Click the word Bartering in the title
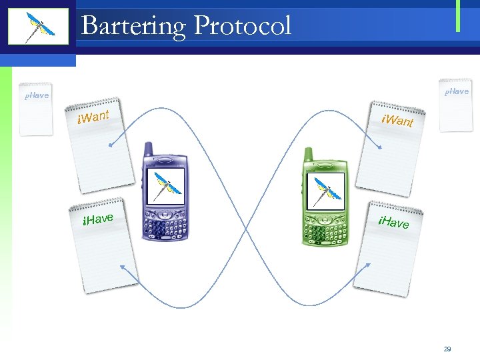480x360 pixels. pos(133,26)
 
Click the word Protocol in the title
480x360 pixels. pos(243,25)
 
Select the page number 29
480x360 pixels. pos(447,349)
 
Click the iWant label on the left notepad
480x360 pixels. pos(93,118)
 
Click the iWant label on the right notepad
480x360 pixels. pos(397,120)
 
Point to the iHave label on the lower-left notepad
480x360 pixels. pos(97,218)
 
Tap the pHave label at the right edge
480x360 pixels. pos(457,91)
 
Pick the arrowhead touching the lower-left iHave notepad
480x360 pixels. pos(123,268)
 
